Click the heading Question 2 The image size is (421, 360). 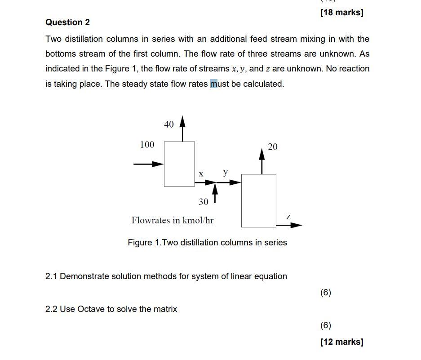click(67, 22)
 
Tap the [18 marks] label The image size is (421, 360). click(341, 13)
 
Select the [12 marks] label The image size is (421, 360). click(341, 342)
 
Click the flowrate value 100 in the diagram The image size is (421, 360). click(147, 145)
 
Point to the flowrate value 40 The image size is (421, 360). click(169, 124)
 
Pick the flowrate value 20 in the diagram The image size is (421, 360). click(273, 147)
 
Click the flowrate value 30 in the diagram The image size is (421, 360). click(204, 202)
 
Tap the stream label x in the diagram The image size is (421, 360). click(201, 174)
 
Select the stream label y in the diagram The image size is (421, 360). click(225, 172)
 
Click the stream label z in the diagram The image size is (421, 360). click(288, 217)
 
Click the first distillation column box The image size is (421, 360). click(179, 164)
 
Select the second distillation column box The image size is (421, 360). click(259, 200)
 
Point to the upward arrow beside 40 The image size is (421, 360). click(182, 128)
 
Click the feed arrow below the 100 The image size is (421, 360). click(149, 164)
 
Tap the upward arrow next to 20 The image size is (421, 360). click(262, 161)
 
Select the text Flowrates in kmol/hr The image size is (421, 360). click(173, 220)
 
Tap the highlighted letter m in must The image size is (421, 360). click(214, 84)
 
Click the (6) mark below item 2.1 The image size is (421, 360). click(326, 293)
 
